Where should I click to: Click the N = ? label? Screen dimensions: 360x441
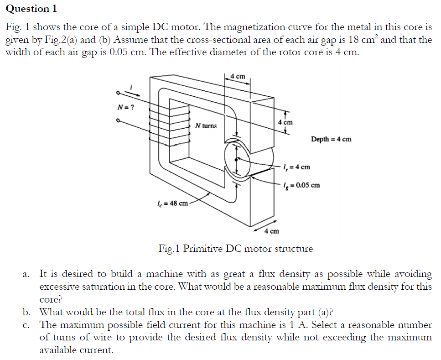pyautogui.click(x=125, y=108)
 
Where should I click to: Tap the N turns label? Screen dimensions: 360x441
pyautogui.click(x=206, y=125)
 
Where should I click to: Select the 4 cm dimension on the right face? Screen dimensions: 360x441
pyautogui.click(x=285, y=122)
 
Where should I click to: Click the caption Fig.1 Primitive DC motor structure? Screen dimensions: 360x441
pyautogui.click(x=235, y=249)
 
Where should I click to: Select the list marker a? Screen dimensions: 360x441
pyautogui.click(x=26, y=274)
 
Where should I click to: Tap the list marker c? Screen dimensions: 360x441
pyautogui.click(x=26, y=325)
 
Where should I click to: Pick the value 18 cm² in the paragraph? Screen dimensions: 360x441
pyautogui.click(x=362, y=39)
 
